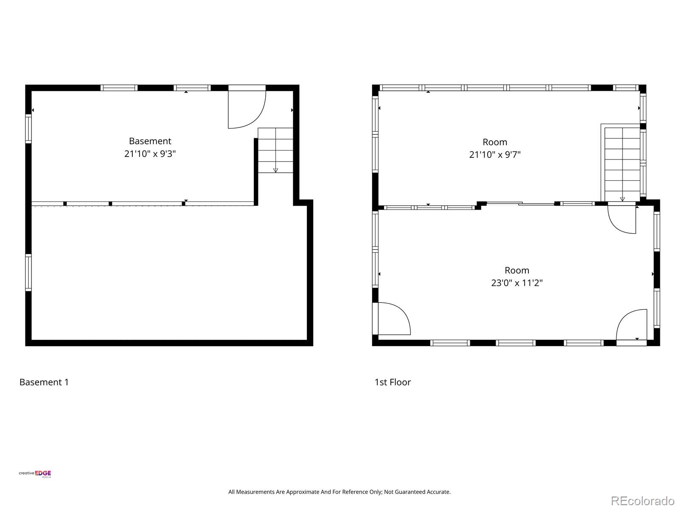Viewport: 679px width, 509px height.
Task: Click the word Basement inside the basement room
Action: (x=150, y=141)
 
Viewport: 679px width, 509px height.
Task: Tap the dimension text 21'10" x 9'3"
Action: (x=150, y=154)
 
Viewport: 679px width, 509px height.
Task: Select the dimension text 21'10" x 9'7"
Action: (x=495, y=154)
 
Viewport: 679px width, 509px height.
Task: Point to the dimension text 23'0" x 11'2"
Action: (x=517, y=283)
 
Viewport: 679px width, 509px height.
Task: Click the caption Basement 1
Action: (x=44, y=382)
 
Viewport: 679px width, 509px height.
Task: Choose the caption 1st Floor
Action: (x=393, y=382)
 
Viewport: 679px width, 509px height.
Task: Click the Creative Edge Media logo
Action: (x=35, y=474)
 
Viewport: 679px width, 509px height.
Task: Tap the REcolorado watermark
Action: (x=643, y=501)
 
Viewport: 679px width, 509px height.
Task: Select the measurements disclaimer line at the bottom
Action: (x=339, y=492)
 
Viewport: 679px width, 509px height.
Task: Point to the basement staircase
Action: (x=275, y=150)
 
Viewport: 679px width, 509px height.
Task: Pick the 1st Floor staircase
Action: (x=622, y=164)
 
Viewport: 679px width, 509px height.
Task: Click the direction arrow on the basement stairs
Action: (x=275, y=170)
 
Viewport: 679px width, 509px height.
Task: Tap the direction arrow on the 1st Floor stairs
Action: (x=623, y=199)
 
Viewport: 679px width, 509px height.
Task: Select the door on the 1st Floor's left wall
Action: (x=391, y=319)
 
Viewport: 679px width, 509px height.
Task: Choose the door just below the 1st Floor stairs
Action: (x=622, y=218)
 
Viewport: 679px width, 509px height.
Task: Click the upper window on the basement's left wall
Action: (x=28, y=129)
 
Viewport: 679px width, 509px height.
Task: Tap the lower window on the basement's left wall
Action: (x=28, y=273)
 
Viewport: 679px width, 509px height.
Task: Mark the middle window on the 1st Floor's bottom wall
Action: (x=516, y=343)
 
